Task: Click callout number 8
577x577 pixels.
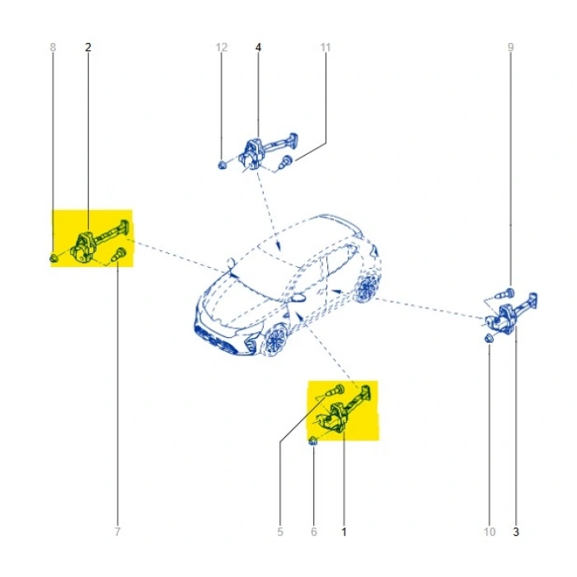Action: tap(53, 47)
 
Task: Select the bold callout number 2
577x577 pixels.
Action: tap(88, 47)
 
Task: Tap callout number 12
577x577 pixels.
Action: tap(222, 47)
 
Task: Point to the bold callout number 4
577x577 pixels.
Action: tap(258, 47)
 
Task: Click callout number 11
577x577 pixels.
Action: tap(326, 47)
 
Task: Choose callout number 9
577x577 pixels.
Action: tap(511, 47)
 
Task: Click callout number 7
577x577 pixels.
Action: tap(117, 532)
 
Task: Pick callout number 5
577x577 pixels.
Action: tap(280, 532)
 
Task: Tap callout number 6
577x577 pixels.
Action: tap(314, 532)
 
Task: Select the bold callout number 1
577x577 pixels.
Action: tap(344, 532)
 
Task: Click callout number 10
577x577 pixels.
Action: tap(490, 532)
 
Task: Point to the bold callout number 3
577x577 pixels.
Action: tap(516, 532)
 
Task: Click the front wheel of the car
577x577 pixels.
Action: tap(275, 340)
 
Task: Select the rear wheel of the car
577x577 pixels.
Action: tap(365, 288)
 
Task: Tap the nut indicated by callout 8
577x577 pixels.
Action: tap(54, 257)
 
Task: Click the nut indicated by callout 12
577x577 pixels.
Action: tap(222, 165)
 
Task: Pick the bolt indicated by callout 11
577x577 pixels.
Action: tap(285, 162)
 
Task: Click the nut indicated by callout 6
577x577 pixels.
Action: tap(312, 440)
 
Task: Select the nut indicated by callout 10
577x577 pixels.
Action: tap(489, 338)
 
